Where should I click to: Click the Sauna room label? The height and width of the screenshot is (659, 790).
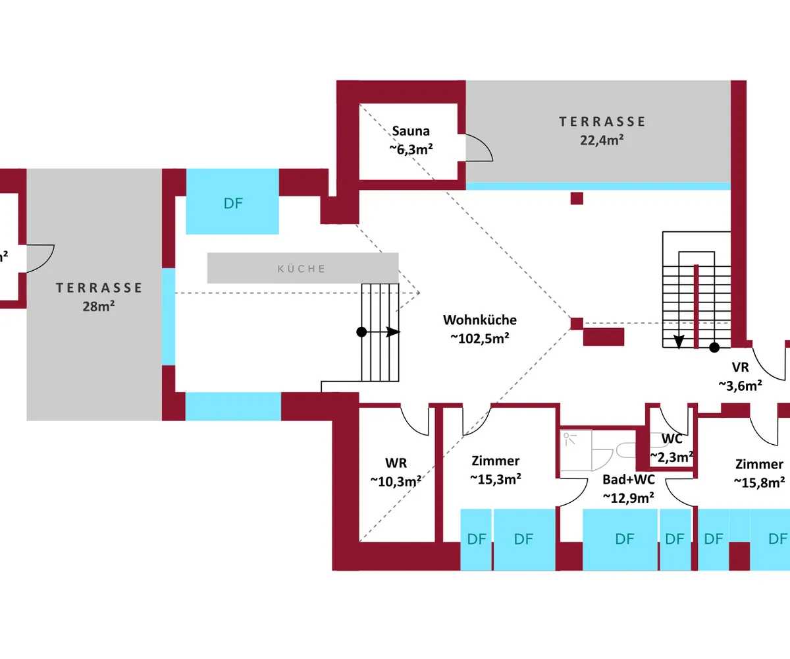(411, 130)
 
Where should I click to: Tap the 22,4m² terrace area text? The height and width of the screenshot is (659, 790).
(602, 139)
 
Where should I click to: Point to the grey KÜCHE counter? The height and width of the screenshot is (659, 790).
(303, 268)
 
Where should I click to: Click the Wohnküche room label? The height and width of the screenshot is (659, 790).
(479, 320)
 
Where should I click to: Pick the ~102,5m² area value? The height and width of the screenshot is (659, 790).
(479, 337)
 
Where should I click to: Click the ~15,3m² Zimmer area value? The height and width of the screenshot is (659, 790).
(496, 478)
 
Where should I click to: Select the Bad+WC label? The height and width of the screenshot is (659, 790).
(628, 480)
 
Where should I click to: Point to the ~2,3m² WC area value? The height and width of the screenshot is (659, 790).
(671, 455)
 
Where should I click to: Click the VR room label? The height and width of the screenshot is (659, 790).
(740, 368)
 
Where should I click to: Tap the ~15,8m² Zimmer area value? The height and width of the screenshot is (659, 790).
(759, 482)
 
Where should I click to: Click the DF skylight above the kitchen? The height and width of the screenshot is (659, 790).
(233, 202)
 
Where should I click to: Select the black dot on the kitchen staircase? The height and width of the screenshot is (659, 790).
(361, 332)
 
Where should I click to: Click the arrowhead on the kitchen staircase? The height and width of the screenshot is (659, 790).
(393, 332)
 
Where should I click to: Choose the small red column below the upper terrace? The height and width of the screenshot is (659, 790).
(577, 198)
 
